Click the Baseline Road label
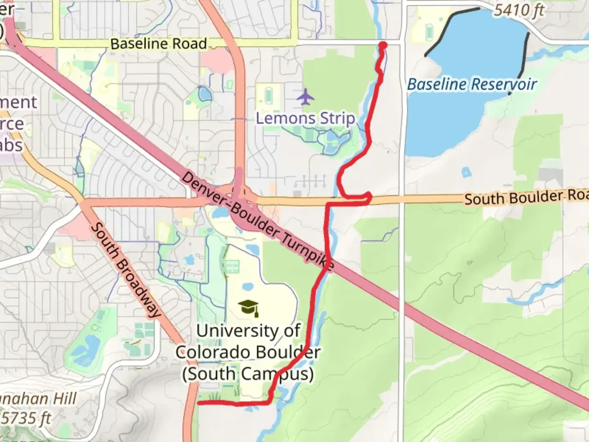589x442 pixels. (x=158, y=44)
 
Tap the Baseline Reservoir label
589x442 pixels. (x=472, y=84)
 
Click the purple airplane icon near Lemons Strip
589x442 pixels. (x=306, y=97)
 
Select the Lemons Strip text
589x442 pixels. (x=305, y=118)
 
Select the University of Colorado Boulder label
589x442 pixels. (x=248, y=352)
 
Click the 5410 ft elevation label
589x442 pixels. (x=519, y=10)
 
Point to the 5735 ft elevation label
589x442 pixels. (x=27, y=419)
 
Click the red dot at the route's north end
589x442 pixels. (x=383, y=45)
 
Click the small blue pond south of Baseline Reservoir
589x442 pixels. (x=466, y=172)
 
